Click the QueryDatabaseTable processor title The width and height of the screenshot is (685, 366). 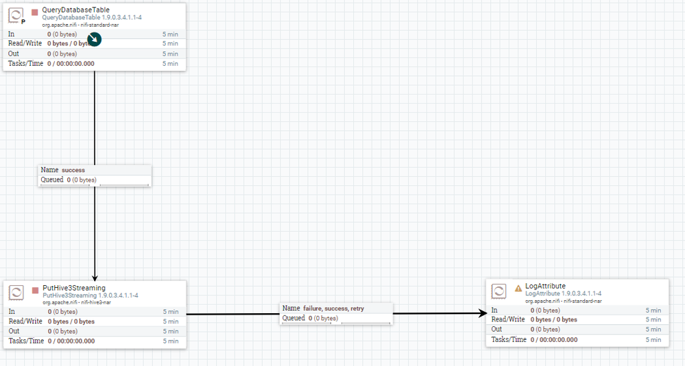pyautogui.click(x=75, y=10)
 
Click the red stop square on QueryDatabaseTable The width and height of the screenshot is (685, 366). pyautogui.click(x=34, y=12)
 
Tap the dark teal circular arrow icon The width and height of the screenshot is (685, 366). pyautogui.click(x=95, y=39)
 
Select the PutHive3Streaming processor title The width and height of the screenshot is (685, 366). pyautogui.click(x=74, y=288)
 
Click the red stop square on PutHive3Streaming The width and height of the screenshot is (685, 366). pyautogui.click(x=36, y=291)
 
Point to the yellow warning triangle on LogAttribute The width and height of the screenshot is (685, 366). pyautogui.click(x=518, y=289)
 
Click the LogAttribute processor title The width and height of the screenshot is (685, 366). pyautogui.click(x=545, y=286)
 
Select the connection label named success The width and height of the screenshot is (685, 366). pyautogui.click(x=73, y=170)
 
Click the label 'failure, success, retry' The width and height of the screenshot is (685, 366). pyautogui.click(x=333, y=308)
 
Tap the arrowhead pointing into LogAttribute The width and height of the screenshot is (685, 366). pyautogui.click(x=483, y=313)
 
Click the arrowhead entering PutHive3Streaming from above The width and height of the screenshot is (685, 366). pyautogui.click(x=95, y=278)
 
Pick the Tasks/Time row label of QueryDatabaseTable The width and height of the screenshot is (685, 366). pyautogui.click(x=26, y=63)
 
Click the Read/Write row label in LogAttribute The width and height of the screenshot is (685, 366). pyautogui.click(x=508, y=319)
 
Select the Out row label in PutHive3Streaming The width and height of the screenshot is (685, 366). pyautogui.click(x=14, y=331)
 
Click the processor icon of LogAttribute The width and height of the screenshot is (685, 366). pyautogui.click(x=498, y=291)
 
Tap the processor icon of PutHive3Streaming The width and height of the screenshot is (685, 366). pyautogui.click(x=16, y=292)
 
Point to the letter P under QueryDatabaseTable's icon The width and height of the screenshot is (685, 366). pyautogui.click(x=23, y=21)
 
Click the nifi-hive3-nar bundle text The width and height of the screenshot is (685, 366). pyautogui.click(x=96, y=302)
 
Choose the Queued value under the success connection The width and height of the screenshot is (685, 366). pyautogui.click(x=82, y=180)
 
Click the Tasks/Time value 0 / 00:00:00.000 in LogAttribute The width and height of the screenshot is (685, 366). pyautogui.click(x=554, y=340)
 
